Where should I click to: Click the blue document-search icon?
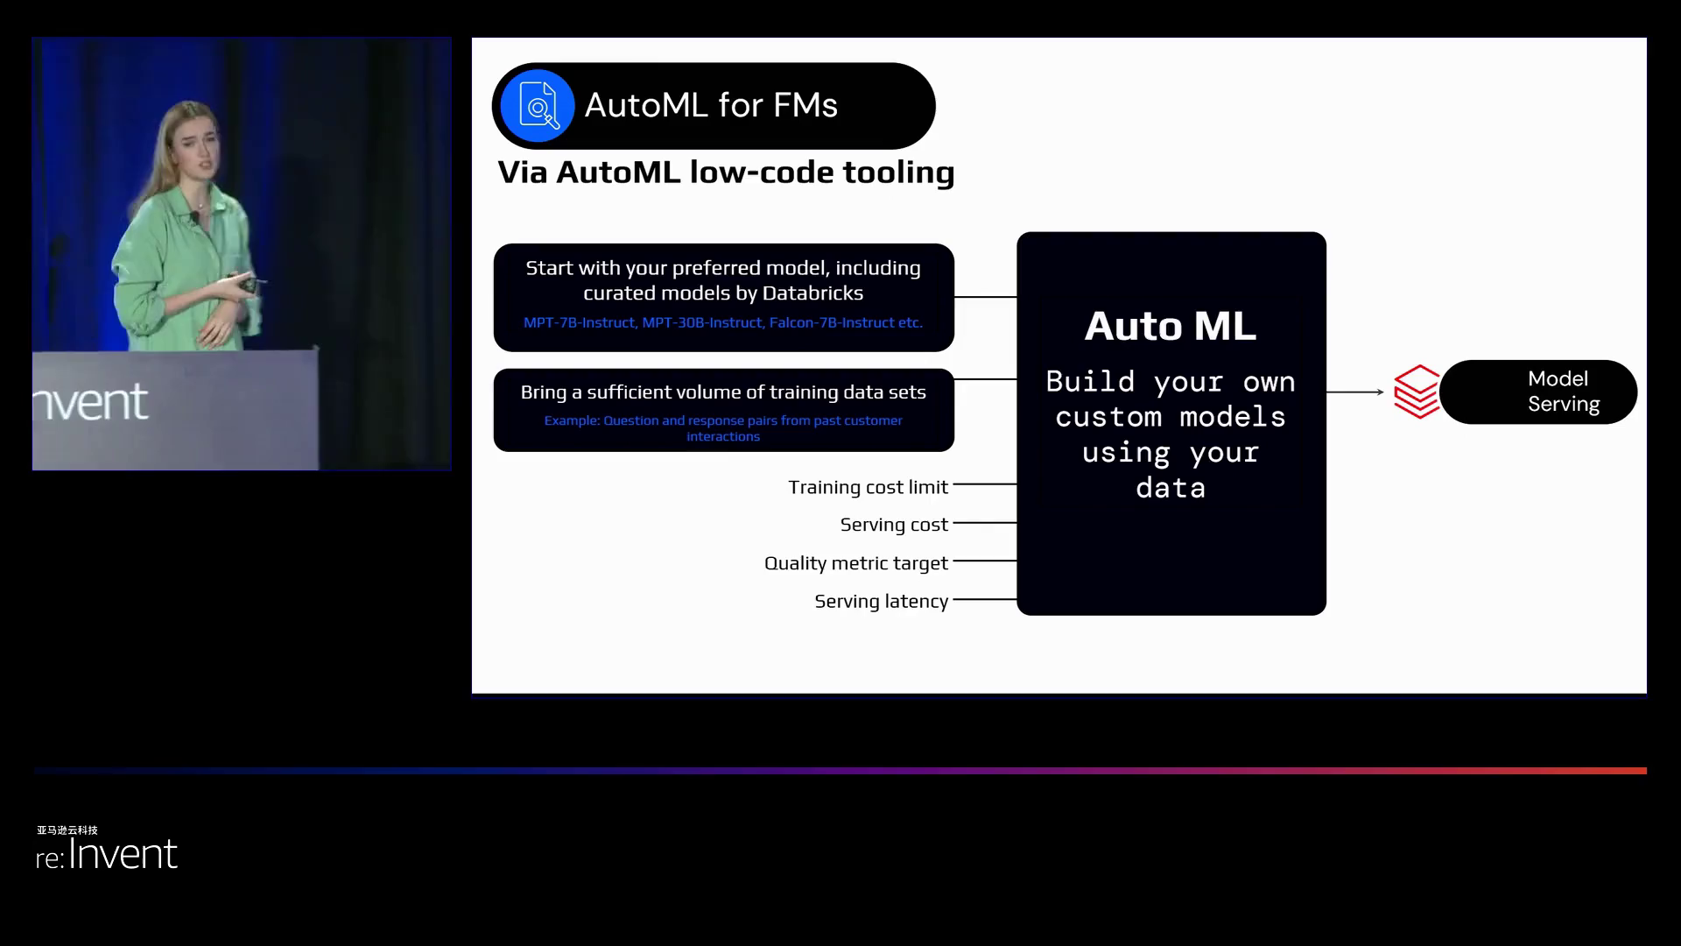click(x=538, y=106)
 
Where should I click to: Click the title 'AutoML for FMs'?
click(x=710, y=106)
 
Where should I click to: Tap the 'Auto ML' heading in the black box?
click(x=1170, y=327)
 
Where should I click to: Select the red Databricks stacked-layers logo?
click(x=1416, y=392)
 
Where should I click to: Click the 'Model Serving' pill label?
click(x=1562, y=392)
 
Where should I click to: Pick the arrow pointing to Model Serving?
click(x=1355, y=392)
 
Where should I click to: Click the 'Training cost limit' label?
click(x=867, y=487)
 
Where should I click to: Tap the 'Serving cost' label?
click(x=893, y=525)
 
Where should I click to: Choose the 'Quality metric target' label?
click(x=855, y=563)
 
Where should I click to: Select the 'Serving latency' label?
click(x=881, y=602)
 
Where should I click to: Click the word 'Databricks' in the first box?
click(x=812, y=293)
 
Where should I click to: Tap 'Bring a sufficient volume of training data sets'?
click(x=723, y=392)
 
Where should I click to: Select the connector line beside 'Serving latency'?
click(x=985, y=600)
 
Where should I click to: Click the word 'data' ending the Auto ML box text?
click(x=1171, y=488)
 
